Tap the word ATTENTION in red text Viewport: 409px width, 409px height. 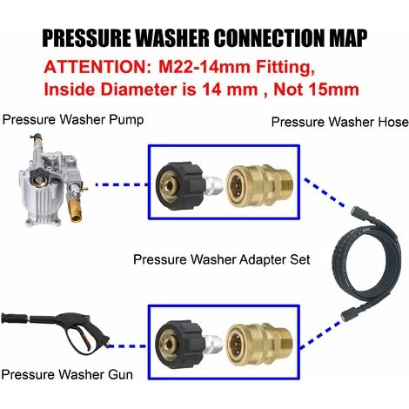tap(96, 67)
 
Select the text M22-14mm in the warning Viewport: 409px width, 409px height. tap(204, 67)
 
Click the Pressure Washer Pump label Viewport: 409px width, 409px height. tap(73, 119)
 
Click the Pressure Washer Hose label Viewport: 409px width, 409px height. tap(339, 122)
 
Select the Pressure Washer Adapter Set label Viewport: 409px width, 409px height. tap(222, 259)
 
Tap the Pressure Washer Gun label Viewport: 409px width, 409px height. tap(67, 374)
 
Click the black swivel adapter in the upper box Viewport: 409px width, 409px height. tap(181, 186)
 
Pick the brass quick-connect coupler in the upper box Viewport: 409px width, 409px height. tap(259, 186)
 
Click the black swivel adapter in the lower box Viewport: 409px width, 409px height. tap(181, 345)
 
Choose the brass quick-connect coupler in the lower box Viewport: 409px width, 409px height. tap(259, 345)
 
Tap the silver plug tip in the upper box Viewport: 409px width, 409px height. tap(214, 186)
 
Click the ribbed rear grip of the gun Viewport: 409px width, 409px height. tap(15, 318)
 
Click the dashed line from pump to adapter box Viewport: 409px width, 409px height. tap(122, 184)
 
